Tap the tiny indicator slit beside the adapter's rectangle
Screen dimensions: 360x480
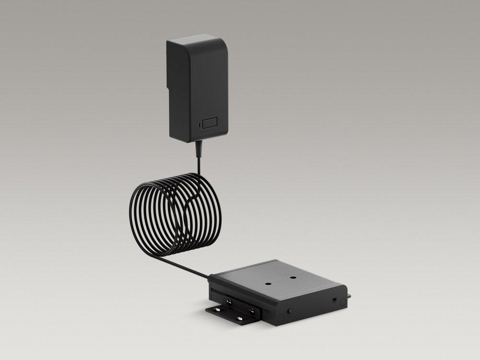click(x=199, y=125)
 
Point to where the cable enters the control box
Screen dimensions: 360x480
click(x=211, y=276)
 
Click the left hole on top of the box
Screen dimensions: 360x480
click(x=268, y=284)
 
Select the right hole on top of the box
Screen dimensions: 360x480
click(x=293, y=277)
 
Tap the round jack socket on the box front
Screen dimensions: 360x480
click(x=335, y=300)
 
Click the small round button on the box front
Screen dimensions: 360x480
click(x=289, y=311)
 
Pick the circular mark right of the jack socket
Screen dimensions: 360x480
click(x=343, y=302)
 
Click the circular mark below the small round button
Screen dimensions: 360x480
click(x=281, y=318)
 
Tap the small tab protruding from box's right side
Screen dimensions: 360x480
click(x=349, y=296)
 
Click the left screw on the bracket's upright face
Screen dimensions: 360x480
click(x=229, y=301)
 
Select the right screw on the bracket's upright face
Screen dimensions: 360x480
click(x=252, y=311)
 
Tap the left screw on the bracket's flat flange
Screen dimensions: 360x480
click(x=217, y=310)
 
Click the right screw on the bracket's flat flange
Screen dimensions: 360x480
click(x=239, y=318)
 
